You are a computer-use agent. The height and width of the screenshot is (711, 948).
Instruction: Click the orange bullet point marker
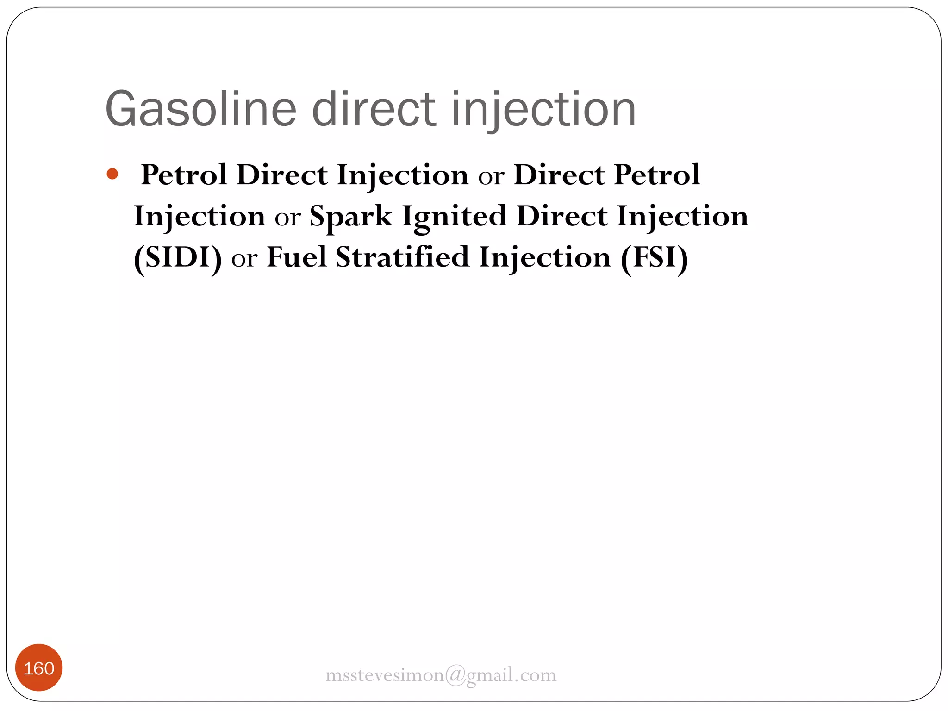[112, 174]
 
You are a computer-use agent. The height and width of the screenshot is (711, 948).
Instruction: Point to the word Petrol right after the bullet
[184, 175]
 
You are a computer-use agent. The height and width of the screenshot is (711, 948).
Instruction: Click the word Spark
[351, 216]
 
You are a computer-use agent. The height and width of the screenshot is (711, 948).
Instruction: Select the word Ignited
[454, 216]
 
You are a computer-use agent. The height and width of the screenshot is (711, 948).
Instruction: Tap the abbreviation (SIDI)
[178, 257]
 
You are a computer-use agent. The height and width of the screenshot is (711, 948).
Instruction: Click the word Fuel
[297, 257]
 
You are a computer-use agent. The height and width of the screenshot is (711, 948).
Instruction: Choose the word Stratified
[402, 257]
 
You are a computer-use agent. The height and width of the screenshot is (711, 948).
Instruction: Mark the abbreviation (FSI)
[654, 257]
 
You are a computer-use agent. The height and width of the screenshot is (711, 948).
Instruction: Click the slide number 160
[39, 668]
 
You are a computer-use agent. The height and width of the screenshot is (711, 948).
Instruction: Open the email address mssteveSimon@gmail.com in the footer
[441, 675]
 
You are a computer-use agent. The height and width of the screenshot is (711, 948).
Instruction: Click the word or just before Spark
[287, 218]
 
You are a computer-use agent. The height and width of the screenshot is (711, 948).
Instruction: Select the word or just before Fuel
[244, 259]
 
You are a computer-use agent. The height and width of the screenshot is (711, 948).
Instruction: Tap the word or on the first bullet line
[491, 176]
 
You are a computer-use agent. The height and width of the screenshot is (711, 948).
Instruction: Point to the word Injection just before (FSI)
[545, 257]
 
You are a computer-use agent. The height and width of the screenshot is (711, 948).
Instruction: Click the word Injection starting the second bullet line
[200, 216]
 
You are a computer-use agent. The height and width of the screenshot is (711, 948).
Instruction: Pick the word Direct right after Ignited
[561, 216]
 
